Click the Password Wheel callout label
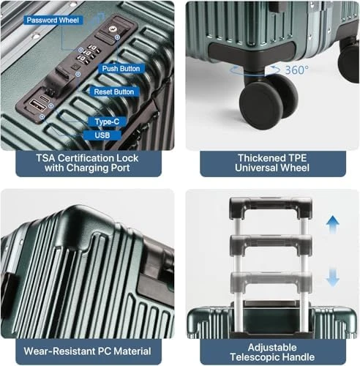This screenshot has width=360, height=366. click(53, 20)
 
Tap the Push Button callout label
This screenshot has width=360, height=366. click(121, 69)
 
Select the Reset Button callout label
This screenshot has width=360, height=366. click(114, 91)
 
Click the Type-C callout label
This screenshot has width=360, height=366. click(107, 122)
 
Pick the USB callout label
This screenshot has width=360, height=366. click(102, 135)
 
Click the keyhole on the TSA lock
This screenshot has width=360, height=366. click(113, 29)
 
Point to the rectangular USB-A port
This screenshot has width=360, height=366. click(38, 105)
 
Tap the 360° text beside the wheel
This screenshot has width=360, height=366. click(296, 70)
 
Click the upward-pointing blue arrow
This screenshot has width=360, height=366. click(333, 225)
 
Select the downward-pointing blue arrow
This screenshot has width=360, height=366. click(333, 277)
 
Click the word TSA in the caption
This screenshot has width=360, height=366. click(45, 158)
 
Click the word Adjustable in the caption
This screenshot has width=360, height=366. click(272, 347)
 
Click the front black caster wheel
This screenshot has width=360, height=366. click(261, 105)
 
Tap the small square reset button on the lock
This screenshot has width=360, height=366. click(76, 67)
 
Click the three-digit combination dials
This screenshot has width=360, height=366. click(89, 53)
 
